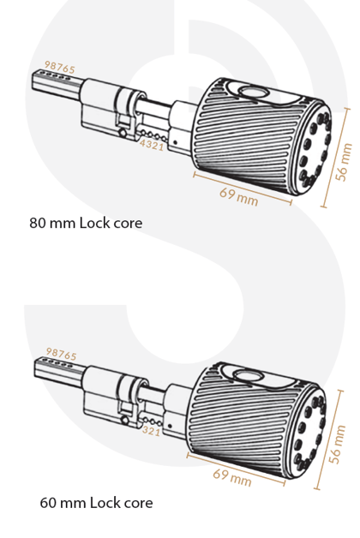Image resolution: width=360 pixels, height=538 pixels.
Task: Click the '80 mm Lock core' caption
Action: (x=86, y=223)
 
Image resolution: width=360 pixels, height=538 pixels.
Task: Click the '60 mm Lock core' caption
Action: (x=97, y=503)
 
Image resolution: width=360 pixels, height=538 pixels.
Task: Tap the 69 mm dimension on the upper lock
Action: (x=239, y=196)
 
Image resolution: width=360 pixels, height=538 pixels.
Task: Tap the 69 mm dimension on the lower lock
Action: (x=232, y=477)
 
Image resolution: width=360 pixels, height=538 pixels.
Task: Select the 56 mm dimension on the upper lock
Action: (x=345, y=162)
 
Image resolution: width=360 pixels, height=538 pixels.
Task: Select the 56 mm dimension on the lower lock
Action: (x=338, y=444)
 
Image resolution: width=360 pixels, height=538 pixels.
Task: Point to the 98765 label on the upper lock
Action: (x=60, y=67)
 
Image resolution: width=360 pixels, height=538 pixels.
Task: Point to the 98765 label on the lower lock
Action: (x=62, y=354)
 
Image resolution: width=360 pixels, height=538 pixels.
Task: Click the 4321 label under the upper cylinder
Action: (x=152, y=145)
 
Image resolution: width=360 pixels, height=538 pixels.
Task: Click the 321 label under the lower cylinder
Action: (x=151, y=431)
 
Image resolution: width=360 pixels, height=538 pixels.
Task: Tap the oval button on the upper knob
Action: (x=253, y=92)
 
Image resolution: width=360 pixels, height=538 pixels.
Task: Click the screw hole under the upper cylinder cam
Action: (x=122, y=132)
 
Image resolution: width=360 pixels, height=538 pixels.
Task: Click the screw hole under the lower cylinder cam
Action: (x=124, y=419)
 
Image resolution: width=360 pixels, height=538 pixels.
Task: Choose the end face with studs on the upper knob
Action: (x=313, y=148)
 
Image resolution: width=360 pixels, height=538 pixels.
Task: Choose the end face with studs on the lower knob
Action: (x=308, y=433)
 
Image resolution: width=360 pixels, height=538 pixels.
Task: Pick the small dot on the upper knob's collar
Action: (x=175, y=142)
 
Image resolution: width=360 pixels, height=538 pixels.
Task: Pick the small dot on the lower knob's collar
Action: (x=170, y=426)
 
